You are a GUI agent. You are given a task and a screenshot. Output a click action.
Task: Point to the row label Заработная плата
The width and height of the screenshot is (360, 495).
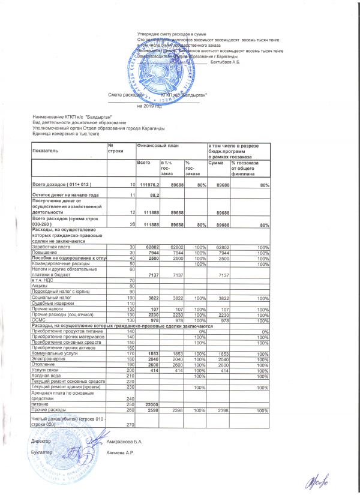pyautogui.click(x=49, y=247)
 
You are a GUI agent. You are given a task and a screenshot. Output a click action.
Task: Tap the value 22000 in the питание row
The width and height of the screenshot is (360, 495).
pyautogui.click(x=148, y=404)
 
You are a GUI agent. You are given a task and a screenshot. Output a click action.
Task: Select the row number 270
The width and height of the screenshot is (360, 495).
pyautogui.click(x=130, y=425)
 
